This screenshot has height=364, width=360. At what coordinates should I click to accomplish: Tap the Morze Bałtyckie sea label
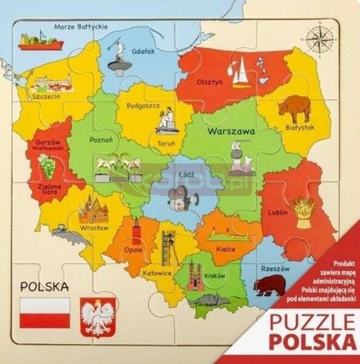click(81, 26)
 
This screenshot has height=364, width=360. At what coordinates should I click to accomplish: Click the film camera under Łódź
click(177, 196)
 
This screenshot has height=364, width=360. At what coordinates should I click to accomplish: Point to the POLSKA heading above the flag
click(44, 284)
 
